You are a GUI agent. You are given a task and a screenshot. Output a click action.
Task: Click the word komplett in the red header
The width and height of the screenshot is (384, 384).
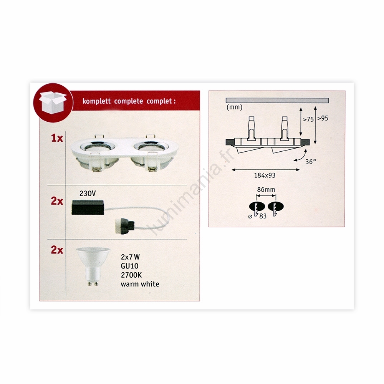(97, 101)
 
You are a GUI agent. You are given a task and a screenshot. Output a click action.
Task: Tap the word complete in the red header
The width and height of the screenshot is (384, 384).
(129, 101)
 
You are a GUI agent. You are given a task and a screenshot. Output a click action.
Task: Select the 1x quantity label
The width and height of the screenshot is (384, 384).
(57, 138)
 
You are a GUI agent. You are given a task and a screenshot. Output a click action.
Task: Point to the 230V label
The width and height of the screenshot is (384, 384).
(88, 194)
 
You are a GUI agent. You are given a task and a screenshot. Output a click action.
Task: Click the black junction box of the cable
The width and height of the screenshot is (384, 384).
(88, 207)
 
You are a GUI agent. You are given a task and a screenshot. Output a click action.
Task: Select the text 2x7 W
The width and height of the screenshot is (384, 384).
(130, 257)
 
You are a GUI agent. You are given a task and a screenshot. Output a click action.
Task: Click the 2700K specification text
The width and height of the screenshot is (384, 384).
(131, 275)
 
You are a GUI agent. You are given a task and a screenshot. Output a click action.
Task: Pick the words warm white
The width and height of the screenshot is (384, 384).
(140, 284)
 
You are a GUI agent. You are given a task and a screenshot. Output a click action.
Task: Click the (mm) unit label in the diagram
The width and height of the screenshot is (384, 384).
(234, 107)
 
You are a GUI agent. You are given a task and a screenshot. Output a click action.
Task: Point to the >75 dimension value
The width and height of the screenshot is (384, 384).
(308, 119)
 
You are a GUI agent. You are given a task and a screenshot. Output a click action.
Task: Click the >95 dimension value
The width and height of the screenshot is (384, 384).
(323, 118)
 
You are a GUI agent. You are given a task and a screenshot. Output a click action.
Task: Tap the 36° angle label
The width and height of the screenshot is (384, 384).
(311, 162)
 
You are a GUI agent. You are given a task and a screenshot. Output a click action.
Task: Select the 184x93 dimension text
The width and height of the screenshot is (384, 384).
(265, 175)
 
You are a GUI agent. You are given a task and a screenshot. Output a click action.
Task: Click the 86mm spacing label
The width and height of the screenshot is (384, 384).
(266, 190)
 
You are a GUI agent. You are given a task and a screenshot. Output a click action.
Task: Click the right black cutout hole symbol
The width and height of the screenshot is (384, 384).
(275, 207)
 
